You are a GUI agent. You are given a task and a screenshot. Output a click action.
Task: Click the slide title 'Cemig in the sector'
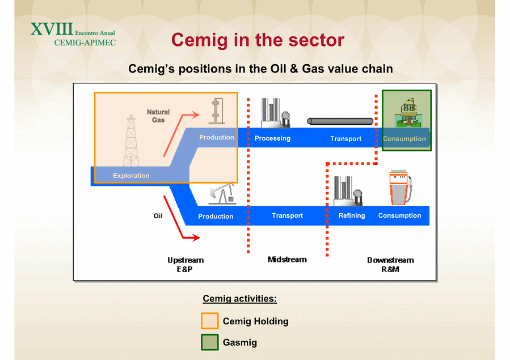(258, 40)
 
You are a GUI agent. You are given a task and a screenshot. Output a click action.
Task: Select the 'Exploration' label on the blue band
(131, 176)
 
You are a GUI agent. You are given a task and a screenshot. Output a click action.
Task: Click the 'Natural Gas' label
(158, 116)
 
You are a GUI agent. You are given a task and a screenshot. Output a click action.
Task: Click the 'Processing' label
(272, 138)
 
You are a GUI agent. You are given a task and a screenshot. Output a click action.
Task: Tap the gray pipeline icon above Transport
(340, 121)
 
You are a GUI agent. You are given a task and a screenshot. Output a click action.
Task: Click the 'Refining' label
(352, 215)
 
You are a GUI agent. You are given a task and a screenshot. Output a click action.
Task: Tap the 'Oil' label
(158, 216)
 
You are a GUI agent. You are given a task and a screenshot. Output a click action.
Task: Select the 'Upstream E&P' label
(186, 265)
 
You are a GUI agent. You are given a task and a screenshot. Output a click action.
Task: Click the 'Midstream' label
(287, 260)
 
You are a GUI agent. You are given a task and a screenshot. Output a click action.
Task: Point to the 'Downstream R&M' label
(390, 265)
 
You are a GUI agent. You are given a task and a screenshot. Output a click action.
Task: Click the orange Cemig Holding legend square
(210, 321)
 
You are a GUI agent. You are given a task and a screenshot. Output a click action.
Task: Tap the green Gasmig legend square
(210, 342)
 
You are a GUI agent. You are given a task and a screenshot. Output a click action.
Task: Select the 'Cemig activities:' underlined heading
(239, 299)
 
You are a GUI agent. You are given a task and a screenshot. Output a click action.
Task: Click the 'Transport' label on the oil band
(287, 215)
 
